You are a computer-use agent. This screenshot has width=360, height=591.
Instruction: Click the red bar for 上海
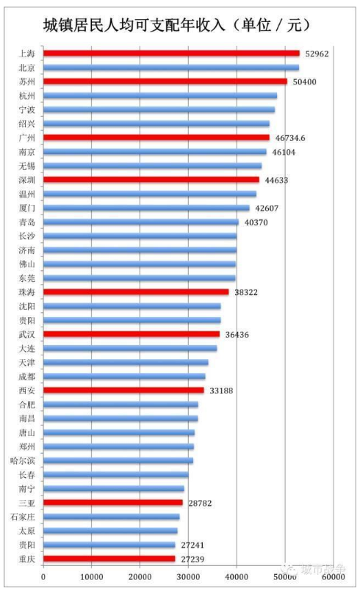point(171,54)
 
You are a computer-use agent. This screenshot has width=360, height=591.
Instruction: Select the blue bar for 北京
point(170,68)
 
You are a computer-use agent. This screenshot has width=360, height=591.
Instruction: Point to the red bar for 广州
point(156,137)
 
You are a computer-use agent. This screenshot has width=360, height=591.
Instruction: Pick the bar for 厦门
point(146,208)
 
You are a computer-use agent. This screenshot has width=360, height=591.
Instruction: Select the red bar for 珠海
point(136,291)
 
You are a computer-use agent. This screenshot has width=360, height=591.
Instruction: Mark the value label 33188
point(220,390)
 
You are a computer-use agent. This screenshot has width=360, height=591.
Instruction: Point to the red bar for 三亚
point(113,503)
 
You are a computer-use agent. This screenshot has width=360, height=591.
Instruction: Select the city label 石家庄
point(24,517)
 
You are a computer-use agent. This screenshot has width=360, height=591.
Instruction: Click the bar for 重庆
point(109,559)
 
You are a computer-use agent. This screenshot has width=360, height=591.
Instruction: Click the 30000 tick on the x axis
point(188,577)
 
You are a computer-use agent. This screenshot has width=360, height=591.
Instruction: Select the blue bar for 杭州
point(160,95)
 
